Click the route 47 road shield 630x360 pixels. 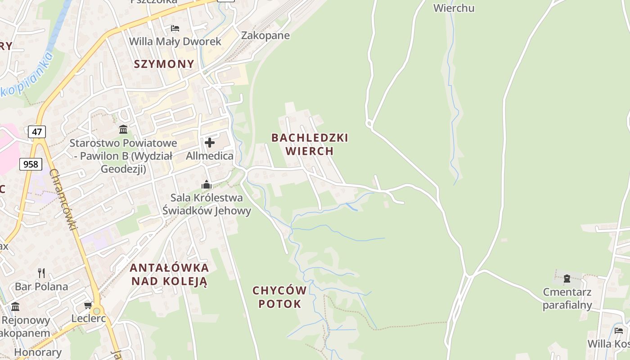(x=37, y=132)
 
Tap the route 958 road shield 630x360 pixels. (x=31, y=164)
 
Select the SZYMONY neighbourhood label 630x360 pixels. (x=164, y=64)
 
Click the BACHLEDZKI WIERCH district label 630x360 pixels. (x=310, y=144)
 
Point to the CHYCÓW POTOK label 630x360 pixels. (x=279, y=297)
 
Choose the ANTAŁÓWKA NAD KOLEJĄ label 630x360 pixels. (x=169, y=274)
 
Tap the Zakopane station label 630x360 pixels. (x=265, y=36)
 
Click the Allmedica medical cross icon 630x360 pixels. (x=210, y=143)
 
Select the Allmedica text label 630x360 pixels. (x=210, y=156)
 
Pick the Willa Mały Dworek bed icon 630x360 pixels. (x=175, y=28)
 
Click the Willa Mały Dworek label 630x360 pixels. (x=175, y=41)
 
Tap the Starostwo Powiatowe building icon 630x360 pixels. (x=123, y=130)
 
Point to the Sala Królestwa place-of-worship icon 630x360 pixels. (x=207, y=184)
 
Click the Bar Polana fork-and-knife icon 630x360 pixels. (x=41, y=273)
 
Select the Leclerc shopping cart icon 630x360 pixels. (x=88, y=306)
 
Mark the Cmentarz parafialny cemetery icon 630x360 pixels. (x=567, y=279)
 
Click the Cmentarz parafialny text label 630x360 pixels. (x=567, y=298)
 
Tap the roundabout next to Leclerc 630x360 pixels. (x=96, y=311)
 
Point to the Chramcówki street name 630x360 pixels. (x=63, y=200)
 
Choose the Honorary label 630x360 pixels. (x=38, y=352)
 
